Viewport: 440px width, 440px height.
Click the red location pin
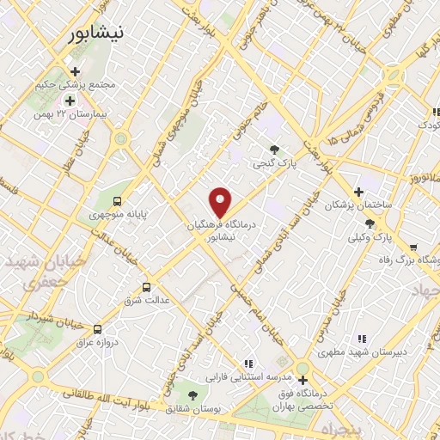click(221, 201)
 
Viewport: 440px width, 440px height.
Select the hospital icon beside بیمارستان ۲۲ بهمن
click(70, 101)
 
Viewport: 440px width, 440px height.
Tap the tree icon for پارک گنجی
click(275, 148)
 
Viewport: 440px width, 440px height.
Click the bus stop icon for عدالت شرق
click(146, 287)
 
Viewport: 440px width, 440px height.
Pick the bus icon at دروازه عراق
click(97, 329)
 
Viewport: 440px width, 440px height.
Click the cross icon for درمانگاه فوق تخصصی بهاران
click(302, 379)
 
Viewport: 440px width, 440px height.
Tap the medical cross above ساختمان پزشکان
click(359, 192)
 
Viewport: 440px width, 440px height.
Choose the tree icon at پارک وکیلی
click(370, 223)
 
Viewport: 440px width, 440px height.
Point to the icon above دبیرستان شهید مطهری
click(362, 339)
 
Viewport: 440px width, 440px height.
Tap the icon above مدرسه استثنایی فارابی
click(249, 364)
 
